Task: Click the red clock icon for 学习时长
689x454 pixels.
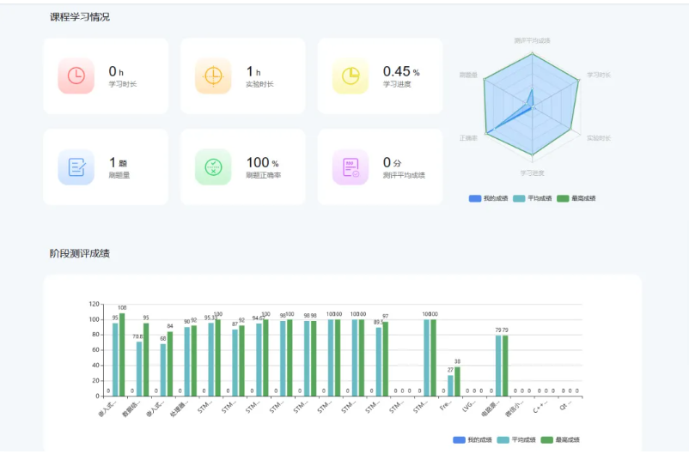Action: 76,76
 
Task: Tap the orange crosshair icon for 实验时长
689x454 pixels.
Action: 212,76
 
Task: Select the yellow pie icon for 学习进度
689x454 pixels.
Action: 351,76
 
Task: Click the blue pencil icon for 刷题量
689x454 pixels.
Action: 76,166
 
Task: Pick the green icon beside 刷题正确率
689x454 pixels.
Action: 212,166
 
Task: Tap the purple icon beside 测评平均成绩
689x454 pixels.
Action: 351,166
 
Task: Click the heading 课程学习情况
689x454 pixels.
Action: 80,17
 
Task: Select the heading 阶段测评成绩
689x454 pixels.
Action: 80,253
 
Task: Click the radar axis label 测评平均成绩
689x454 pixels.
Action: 532,40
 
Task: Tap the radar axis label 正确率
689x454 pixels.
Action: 468,137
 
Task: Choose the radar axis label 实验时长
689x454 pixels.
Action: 599,137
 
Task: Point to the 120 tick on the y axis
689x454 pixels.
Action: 95,304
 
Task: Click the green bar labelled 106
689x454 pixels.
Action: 122,354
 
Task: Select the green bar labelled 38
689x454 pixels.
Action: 457,381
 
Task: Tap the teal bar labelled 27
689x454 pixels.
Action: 450,385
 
